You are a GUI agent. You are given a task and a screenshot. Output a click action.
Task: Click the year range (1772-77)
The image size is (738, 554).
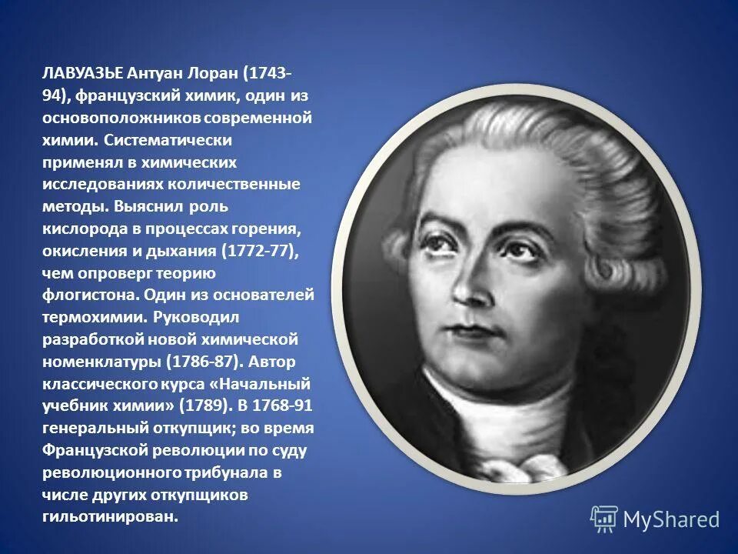coord(257,251)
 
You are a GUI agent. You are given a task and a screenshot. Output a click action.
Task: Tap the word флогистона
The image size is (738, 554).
coord(82,295)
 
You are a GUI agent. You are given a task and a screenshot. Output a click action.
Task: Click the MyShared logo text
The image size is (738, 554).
coord(670,519)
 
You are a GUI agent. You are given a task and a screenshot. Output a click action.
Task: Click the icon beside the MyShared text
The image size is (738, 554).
coord(604,519)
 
